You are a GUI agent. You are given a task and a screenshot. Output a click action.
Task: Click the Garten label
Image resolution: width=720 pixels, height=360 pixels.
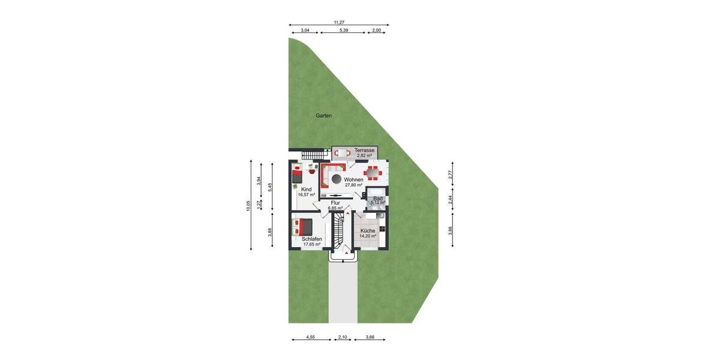[x=324, y=116]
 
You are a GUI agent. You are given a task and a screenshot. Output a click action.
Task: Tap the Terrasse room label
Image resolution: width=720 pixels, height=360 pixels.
[x=365, y=150]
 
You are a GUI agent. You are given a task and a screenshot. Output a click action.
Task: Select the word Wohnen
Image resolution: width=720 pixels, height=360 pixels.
[x=353, y=179]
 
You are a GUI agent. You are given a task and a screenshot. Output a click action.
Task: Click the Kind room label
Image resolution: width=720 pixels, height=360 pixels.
[x=306, y=190]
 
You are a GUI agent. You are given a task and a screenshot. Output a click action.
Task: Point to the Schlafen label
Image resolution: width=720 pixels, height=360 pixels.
[x=312, y=239]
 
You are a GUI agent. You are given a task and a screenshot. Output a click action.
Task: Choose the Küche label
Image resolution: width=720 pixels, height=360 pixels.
[x=368, y=230]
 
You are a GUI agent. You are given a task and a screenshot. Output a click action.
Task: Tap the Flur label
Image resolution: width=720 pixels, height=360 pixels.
[x=335, y=203]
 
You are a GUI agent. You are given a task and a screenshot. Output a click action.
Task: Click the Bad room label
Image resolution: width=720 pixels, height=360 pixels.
[x=378, y=198]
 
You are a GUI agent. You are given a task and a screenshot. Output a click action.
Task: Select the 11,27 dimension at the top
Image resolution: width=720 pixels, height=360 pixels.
[x=340, y=22]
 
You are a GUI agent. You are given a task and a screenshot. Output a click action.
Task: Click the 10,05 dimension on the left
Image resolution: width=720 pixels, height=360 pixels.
[x=248, y=205]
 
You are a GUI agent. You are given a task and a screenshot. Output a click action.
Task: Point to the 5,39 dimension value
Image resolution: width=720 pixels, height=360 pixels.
[x=344, y=30]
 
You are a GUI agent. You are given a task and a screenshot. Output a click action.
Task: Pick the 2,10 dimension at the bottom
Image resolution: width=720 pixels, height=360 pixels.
[x=343, y=338]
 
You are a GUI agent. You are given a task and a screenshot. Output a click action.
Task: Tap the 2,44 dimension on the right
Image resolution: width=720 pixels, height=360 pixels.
[x=451, y=199]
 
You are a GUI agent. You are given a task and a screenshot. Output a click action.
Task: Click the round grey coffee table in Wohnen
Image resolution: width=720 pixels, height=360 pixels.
[x=337, y=179]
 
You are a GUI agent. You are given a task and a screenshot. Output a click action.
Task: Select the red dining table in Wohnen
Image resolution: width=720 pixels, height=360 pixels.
[x=373, y=173]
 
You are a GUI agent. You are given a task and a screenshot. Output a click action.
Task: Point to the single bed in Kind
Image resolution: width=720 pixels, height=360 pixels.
[x=298, y=176]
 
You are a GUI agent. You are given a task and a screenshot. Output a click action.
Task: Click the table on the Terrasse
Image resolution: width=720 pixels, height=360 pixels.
[x=343, y=153]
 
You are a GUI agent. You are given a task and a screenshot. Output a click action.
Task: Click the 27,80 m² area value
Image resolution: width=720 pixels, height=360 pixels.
[x=353, y=185]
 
